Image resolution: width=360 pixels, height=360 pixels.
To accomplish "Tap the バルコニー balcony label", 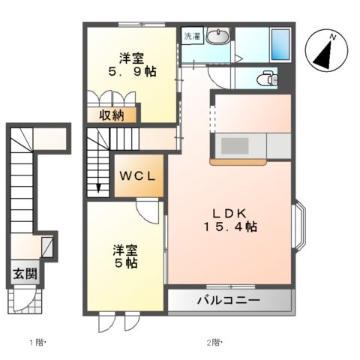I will [x=228, y=301].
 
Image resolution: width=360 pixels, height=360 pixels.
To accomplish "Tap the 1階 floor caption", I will [x=37, y=343].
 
